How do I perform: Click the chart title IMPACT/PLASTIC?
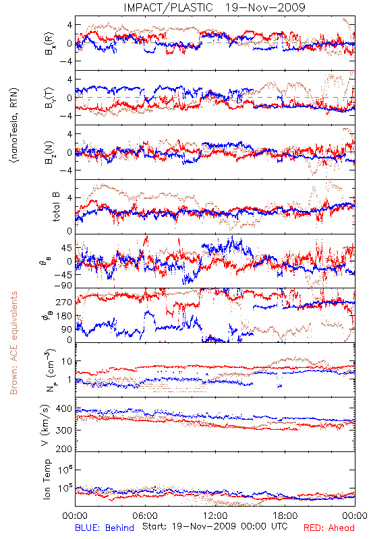pyautogui.click(x=168, y=7)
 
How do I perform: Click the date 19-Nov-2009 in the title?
pyautogui.click(x=265, y=7)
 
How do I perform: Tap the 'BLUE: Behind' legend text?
pyautogui.click(x=105, y=528)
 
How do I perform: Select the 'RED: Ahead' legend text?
pyautogui.click(x=329, y=528)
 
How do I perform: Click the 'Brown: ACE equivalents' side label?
pyautogui.click(x=13, y=343)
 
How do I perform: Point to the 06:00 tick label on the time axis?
pyautogui.click(x=145, y=515)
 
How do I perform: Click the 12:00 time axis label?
pyautogui.click(x=215, y=515)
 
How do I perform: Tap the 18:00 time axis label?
pyautogui.click(x=285, y=515)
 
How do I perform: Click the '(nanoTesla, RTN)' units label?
pyautogui.click(x=14, y=125)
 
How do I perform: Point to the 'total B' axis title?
pyautogui.click(x=55, y=207)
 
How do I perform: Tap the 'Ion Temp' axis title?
pyautogui.click(x=47, y=479)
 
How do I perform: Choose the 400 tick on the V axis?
pyautogui.click(x=64, y=409)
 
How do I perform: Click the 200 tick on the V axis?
pyautogui.click(x=64, y=449)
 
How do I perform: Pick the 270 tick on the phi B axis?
pyautogui.click(x=64, y=302)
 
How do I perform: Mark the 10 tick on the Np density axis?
pyautogui.click(x=67, y=362)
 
